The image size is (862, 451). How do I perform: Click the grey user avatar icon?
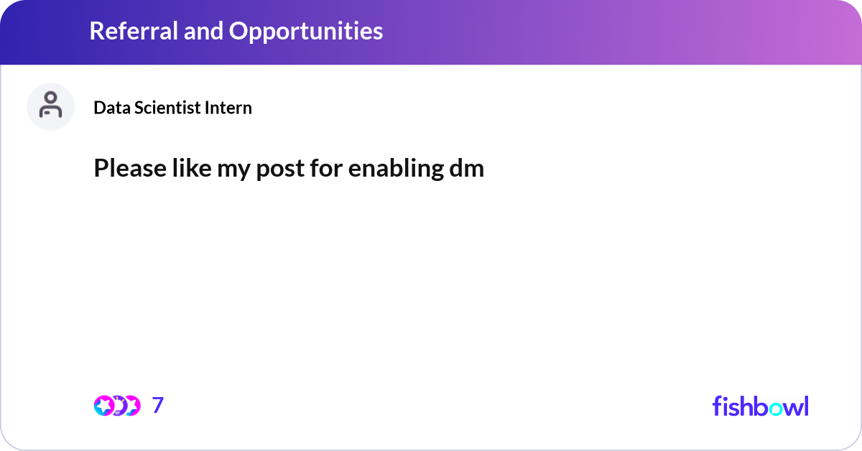[x=50, y=106]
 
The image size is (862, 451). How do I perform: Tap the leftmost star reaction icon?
[x=103, y=406]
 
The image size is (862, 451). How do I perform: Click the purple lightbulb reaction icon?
[x=119, y=406]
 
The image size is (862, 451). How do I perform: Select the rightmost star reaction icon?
[x=132, y=406]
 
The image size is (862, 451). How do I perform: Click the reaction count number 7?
[x=158, y=406]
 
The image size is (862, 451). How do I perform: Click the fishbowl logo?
[x=760, y=406]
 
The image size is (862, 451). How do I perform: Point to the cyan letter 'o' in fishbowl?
[x=774, y=408]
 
